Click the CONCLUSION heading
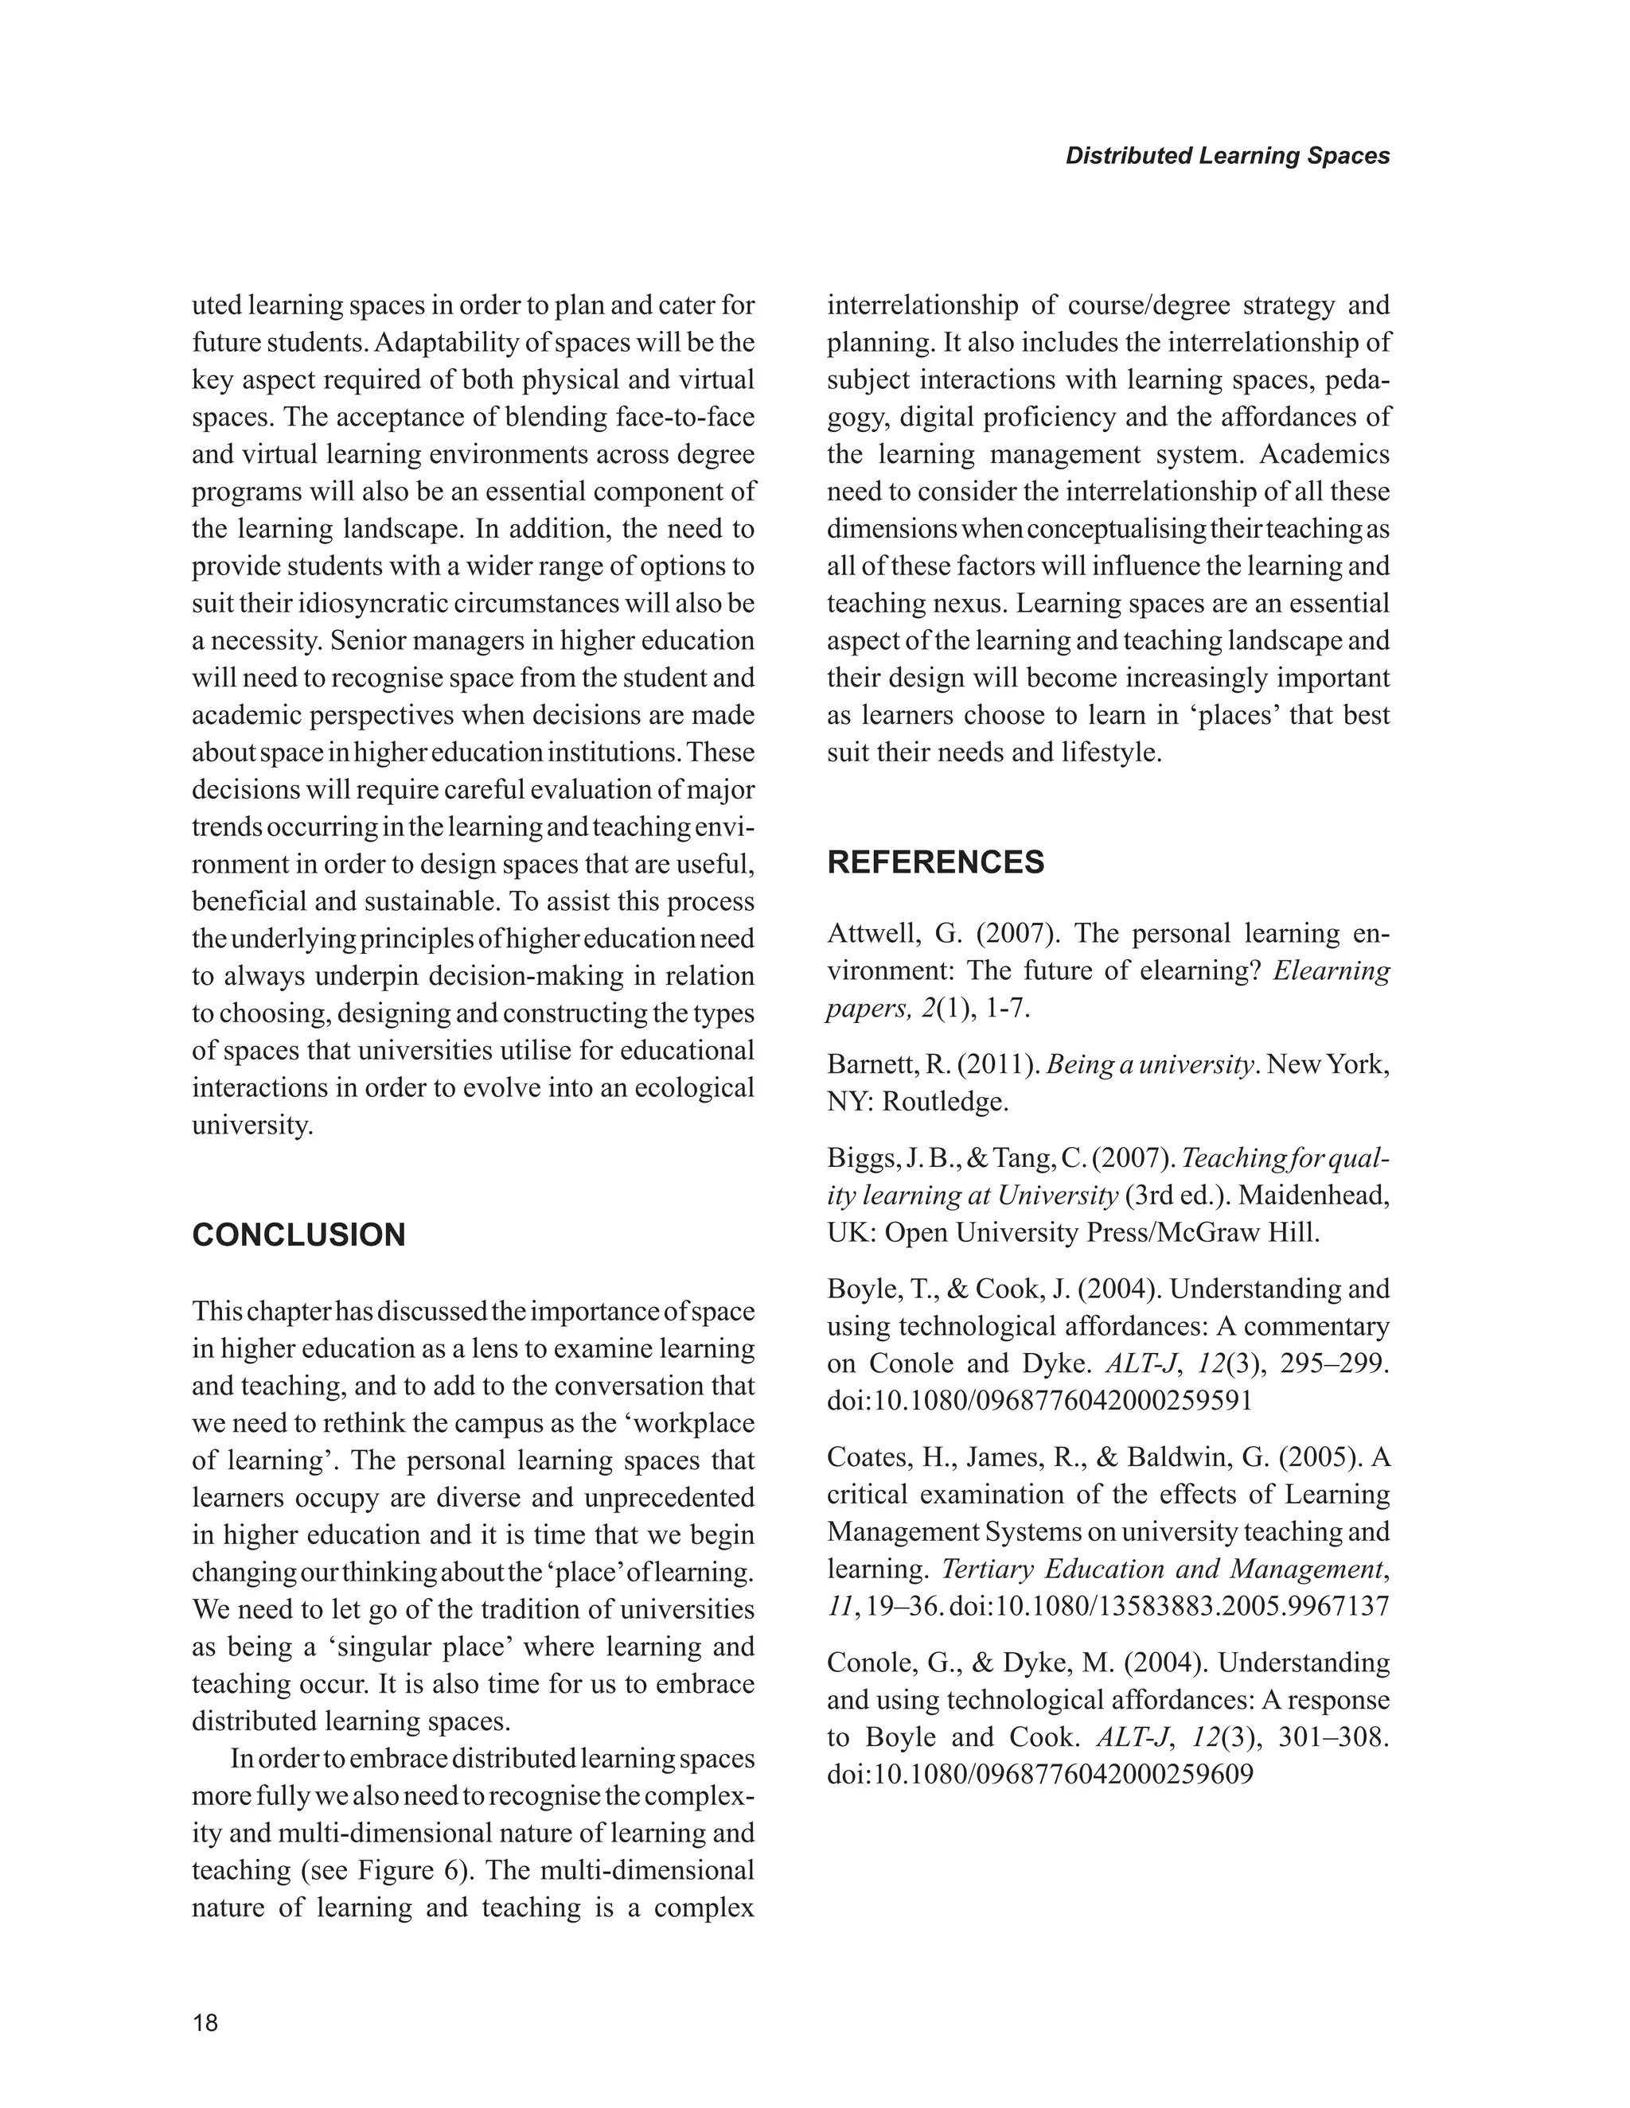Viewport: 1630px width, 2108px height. [298, 1235]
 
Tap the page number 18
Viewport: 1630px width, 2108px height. [205, 2023]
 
